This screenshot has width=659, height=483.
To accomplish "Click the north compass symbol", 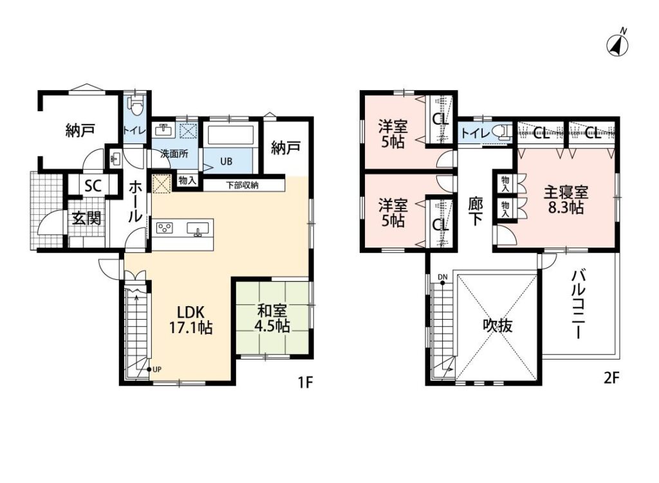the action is (617, 43).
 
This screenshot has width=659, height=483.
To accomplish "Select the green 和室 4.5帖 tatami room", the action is (273, 318).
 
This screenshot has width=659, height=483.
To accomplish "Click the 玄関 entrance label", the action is (86, 218).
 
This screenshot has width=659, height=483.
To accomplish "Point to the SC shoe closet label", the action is (93, 185).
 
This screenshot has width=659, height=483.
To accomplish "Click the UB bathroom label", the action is (226, 161).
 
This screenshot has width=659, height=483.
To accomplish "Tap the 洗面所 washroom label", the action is (174, 154).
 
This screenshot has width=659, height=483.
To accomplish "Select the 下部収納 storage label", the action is (243, 185).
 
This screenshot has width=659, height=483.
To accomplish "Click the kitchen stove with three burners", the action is (165, 228).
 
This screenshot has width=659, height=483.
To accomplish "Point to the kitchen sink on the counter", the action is (198, 228).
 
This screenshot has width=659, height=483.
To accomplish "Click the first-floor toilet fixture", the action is (136, 105).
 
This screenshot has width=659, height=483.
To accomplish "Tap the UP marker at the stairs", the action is (154, 370).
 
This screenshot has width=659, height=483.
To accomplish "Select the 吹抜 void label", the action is (497, 325).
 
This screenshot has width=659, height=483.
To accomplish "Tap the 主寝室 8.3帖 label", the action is (566, 200).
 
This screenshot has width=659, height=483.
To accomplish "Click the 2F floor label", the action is (611, 378).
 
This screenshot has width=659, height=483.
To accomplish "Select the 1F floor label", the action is (305, 382).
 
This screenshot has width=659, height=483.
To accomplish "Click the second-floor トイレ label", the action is (476, 134).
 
